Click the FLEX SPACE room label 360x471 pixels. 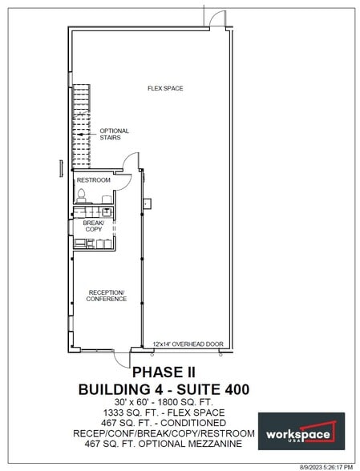pyautogui.click(x=164, y=88)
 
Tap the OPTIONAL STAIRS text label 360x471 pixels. pyautogui.click(x=114, y=134)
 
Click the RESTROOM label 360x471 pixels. pyautogui.click(x=94, y=180)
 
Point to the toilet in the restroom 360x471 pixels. pyautogui.click(x=81, y=195)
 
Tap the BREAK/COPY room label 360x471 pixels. pyautogui.click(x=94, y=226)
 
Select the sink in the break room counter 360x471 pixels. pyautogui.click(x=107, y=211)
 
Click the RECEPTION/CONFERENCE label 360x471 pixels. pyautogui.click(x=107, y=296)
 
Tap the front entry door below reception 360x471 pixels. pyautogui.click(x=121, y=356)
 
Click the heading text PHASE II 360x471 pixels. pyautogui.click(x=163, y=372)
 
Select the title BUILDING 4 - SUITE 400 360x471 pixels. pyautogui.click(x=163, y=389)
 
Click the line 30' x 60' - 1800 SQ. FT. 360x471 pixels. pyautogui.click(x=163, y=402)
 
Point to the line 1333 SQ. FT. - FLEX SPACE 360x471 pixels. pyautogui.click(x=163, y=413)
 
